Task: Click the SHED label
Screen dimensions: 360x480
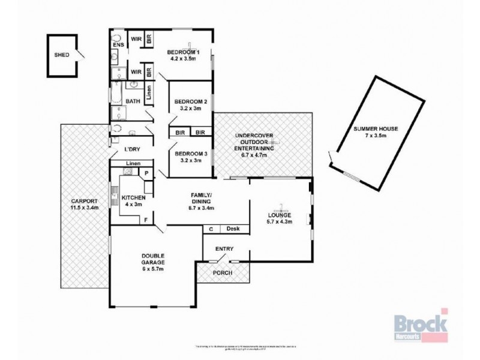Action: [62, 55]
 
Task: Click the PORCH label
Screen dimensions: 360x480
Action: [222, 273]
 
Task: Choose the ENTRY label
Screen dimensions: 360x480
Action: [224, 249]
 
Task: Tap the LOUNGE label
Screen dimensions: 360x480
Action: [280, 214]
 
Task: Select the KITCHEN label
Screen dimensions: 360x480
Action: [134, 197]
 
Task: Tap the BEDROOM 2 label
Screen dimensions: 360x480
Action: [191, 101]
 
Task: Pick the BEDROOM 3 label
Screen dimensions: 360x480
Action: [191, 154]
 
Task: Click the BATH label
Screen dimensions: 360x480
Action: [133, 101]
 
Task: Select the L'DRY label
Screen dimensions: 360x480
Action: [132, 149]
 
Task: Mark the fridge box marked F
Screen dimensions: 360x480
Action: [146, 220]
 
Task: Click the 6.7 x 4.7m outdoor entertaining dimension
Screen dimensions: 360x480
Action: [254, 155]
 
